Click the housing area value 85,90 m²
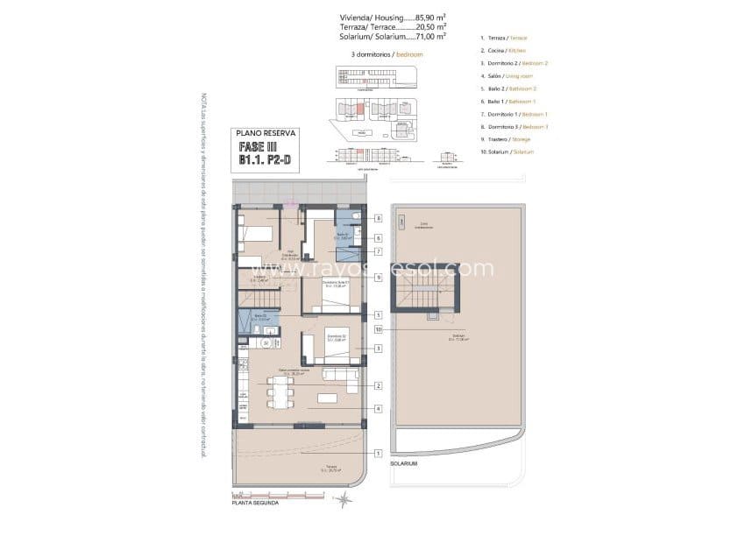(x=429, y=17)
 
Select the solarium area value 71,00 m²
(x=429, y=37)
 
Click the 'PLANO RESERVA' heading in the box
(x=267, y=133)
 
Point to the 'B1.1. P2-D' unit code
(x=267, y=161)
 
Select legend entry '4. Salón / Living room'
(x=507, y=76)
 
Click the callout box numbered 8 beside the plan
(x=377, y=218)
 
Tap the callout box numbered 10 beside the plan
(x=377, y=329)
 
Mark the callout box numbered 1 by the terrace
(x=377, y=453)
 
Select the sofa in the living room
(x=340, y=378)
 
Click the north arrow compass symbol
(x=344, y=498)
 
